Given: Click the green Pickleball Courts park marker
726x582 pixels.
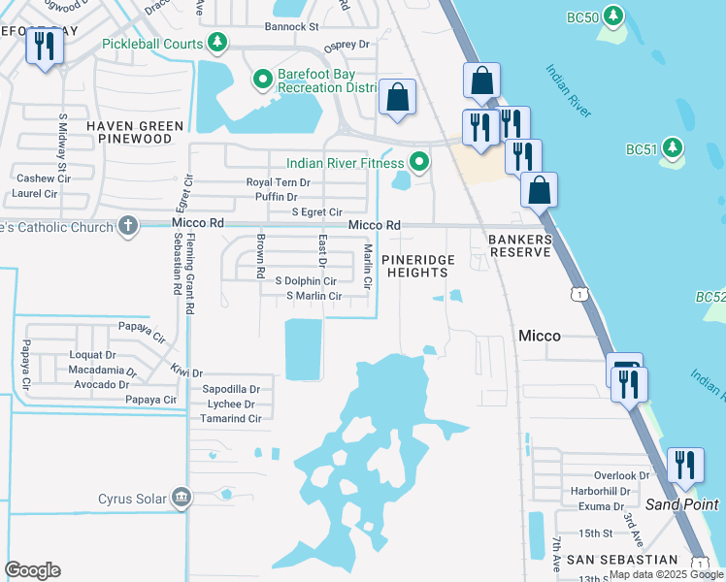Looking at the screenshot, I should (x=220, y=43).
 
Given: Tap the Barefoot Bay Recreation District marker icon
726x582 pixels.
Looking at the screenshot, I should (x=261, y=79).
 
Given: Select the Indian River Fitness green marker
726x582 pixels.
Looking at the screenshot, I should (x=419, y=162).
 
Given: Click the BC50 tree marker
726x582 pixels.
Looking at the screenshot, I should (x=612, y=16).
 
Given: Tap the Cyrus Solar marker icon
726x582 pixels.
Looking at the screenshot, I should (x=180, y=499).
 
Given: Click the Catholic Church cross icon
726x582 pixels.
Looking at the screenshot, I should (x=126, y=225).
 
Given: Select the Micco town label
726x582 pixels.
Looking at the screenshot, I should (x=539, y=336).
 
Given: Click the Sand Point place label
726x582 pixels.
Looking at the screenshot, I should (x=682, y=504).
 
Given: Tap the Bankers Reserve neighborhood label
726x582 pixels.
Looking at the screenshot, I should (x=519, y=245).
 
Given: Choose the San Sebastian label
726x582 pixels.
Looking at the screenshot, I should (x=622, y=560).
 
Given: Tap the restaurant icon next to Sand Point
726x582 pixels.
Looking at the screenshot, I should (x=685, y=465).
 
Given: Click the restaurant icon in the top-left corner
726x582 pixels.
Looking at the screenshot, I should (x=44, y=46).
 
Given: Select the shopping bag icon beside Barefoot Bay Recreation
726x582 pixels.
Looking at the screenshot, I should (x=397, y=97).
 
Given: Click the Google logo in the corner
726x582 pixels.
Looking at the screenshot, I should (x=32, y=570).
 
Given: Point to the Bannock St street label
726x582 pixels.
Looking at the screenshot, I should (x=292, y=27).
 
